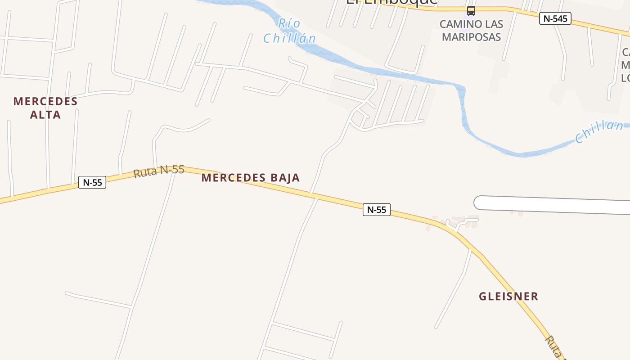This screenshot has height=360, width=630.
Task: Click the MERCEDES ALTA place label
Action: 45,108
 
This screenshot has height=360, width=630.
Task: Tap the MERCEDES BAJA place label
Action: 250,178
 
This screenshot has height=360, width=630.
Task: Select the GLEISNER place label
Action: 508,297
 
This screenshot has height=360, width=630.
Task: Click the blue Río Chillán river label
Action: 289,31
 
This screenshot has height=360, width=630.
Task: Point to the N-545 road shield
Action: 555,18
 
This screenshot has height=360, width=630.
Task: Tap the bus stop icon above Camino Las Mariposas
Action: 471,11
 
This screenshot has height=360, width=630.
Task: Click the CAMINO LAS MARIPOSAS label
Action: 471,31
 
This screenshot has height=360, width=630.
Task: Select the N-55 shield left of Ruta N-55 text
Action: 92,182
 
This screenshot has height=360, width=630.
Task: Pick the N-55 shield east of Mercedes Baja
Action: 377,210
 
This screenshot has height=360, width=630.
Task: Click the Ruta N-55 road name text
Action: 159,171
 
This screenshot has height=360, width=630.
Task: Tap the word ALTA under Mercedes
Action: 45,115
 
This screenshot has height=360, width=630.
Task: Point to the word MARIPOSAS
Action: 471,37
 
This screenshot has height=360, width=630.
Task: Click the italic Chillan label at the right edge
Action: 599,131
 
